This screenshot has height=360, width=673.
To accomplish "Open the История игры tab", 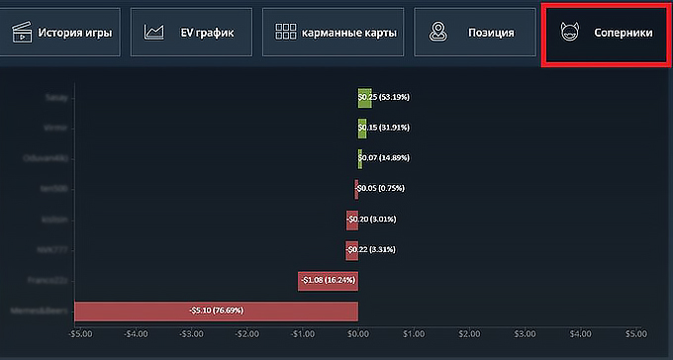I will click(60, 33).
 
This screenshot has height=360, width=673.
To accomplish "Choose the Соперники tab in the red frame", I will click(606, 33).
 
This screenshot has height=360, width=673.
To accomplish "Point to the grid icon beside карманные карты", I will click(286, 33).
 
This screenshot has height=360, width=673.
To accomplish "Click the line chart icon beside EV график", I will click(153, 33).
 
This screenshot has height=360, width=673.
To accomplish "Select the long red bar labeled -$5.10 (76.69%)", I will click(216, 311).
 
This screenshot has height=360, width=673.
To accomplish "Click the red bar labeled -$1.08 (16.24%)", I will click(328, 280).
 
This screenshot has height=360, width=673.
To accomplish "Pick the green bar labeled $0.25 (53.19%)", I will click(364, 97).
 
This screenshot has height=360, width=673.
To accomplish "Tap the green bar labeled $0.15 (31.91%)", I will click(361, 128).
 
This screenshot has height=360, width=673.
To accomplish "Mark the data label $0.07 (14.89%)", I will click(385, 158).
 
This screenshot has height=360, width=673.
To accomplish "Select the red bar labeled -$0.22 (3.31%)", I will click(351, 249).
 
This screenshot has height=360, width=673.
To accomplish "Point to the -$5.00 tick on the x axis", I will click(80, 333).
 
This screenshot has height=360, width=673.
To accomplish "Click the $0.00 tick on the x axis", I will click(358, 333).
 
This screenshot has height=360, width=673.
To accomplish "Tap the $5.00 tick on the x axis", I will click(635, 333).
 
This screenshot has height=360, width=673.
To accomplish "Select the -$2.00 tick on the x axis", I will click(246, 333).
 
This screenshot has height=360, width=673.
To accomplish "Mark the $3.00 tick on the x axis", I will click(525, 333).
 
